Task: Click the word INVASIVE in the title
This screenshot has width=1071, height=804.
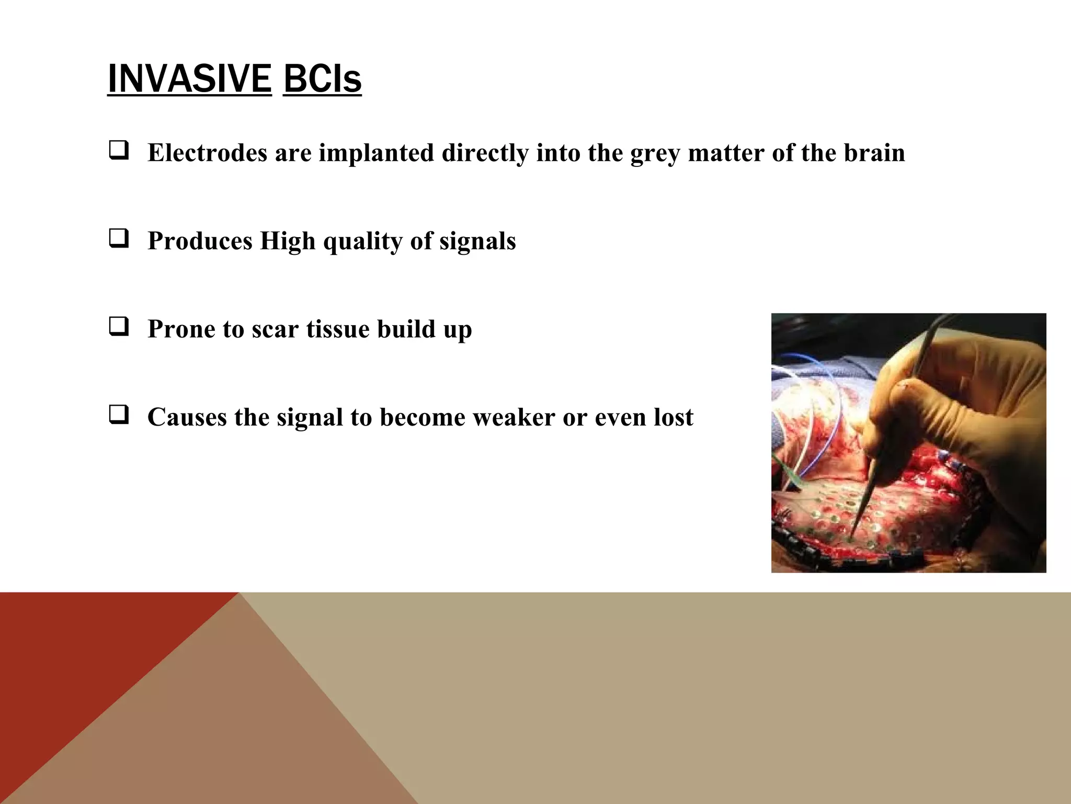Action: point(189,79)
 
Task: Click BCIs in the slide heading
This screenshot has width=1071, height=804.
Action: point(322,79)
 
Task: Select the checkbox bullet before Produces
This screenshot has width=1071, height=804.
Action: point(119,239)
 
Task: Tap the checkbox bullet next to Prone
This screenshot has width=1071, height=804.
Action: point(119,327)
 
